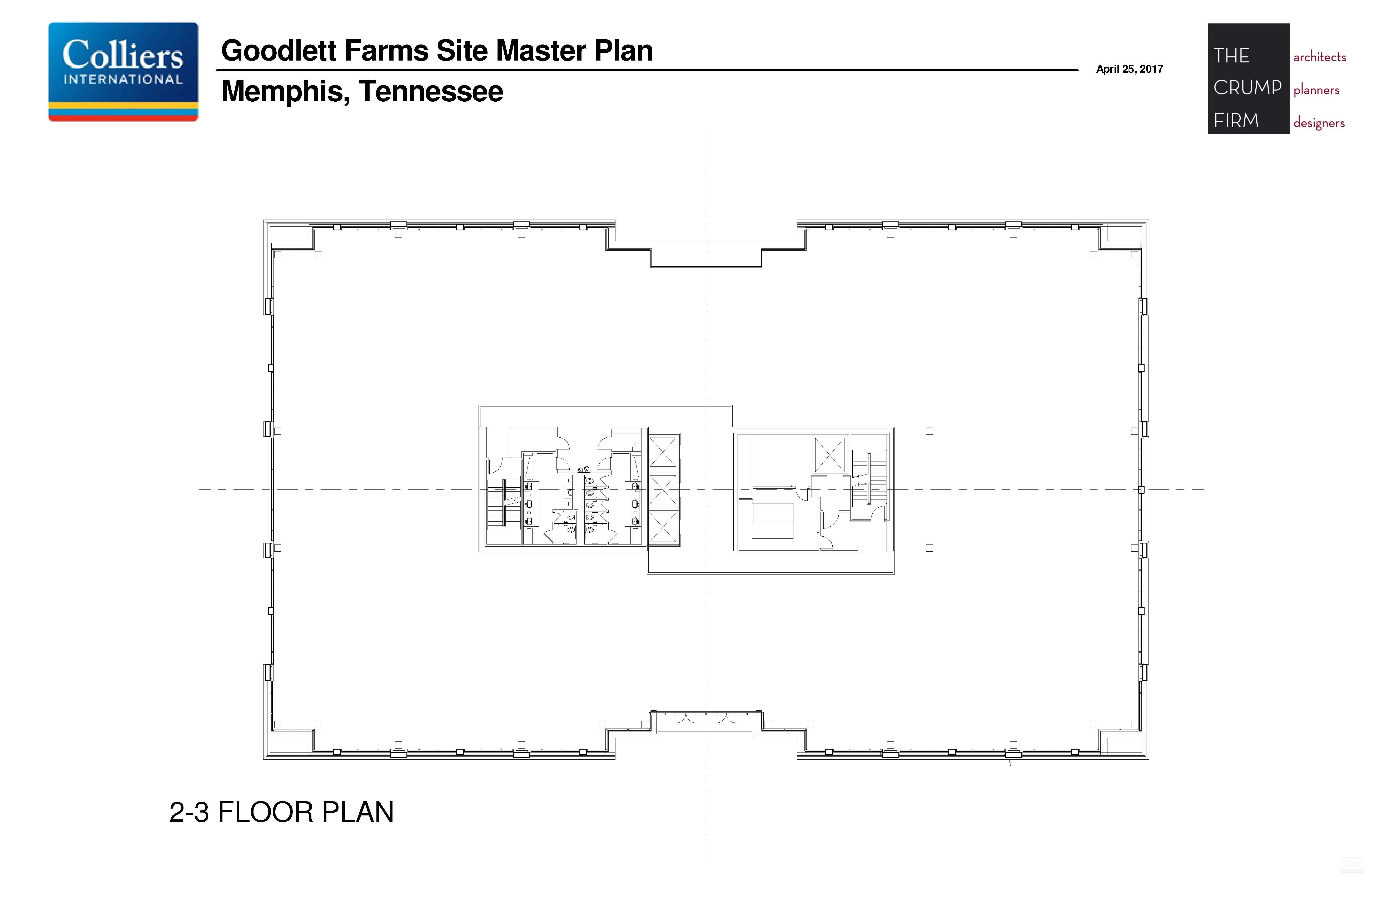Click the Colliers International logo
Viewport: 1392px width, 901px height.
(x=123, y=71)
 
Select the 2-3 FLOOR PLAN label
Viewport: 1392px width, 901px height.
(x=281, y=812)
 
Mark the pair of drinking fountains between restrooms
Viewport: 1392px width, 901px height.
(x=583, y=469)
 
